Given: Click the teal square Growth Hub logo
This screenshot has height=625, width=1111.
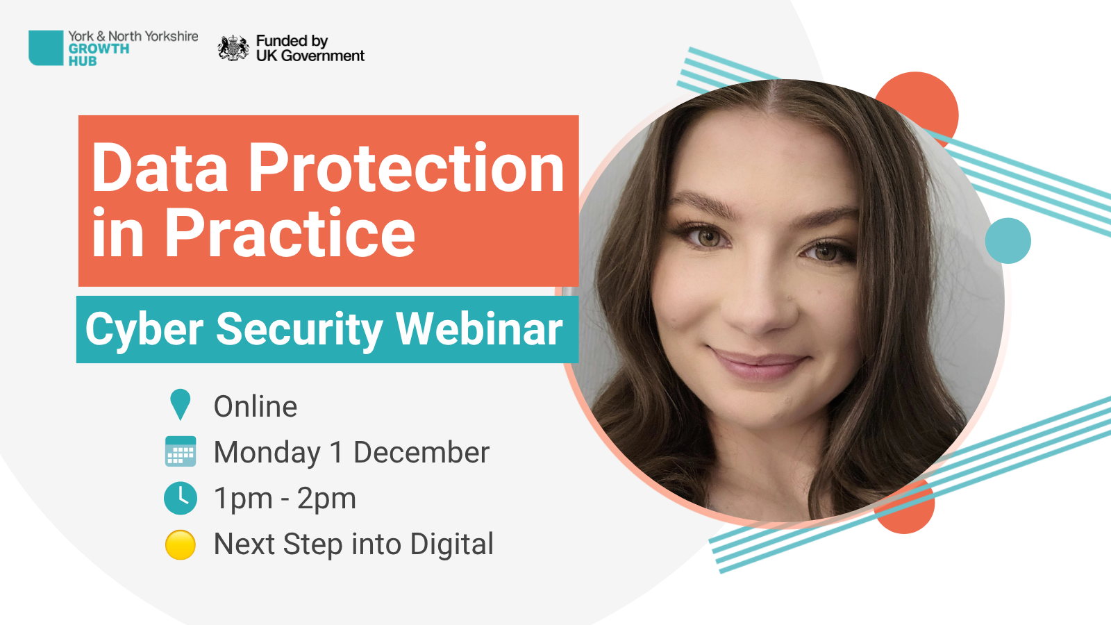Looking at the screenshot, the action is [46, 48].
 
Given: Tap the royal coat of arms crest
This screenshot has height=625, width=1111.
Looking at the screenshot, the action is [233, 48].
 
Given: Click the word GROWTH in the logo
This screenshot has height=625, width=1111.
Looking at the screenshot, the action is [99, 49].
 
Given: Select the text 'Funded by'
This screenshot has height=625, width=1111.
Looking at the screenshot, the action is [292, 41].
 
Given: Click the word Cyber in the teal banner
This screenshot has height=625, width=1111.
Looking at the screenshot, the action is [144, 329].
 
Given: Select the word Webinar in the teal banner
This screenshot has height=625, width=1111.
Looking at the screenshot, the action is [479, 328].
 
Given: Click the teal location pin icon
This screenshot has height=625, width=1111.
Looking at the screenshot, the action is [180, 404].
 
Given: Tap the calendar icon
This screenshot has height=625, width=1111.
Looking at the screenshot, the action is [180, 451].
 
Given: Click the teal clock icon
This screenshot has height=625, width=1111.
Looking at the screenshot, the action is [180, 497].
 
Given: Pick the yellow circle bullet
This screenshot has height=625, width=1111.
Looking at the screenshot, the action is [180, 544].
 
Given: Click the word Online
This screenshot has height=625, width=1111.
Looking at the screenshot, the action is [256, 406].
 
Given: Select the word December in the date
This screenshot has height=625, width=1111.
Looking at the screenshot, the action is [421, 452].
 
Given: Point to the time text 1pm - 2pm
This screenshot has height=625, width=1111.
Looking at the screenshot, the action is [285, 499].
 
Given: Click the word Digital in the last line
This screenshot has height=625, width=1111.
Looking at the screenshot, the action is [452, 544].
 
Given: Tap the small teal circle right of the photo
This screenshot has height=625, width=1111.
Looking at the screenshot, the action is [1008, 240].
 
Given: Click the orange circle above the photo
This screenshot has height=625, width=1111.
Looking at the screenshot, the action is [917, 107].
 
